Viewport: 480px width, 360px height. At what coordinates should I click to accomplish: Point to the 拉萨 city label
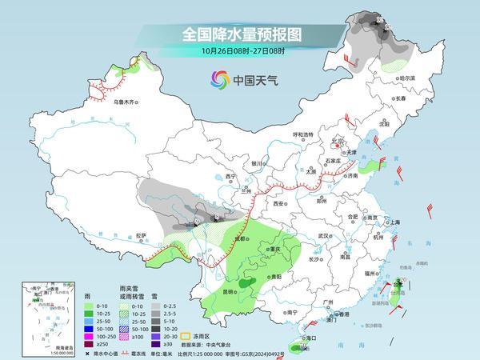coord(142,235)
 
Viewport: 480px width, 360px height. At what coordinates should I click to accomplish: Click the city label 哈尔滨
coord(408,78)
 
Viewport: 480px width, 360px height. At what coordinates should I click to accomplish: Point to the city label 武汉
coord(324,236)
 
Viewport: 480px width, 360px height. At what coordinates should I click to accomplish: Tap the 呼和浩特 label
coord(302,134)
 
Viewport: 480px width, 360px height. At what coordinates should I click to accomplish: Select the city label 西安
coord(278,204)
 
